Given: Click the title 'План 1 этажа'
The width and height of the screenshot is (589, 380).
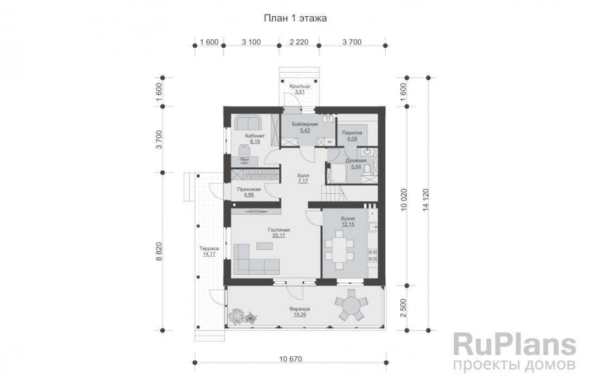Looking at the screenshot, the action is tap(295, 18).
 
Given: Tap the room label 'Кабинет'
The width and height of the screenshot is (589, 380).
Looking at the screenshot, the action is tap(255, 136).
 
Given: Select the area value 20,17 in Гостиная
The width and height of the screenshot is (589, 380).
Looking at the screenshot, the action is tap(279, 236).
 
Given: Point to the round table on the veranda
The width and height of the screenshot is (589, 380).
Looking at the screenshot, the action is tap(350, 305).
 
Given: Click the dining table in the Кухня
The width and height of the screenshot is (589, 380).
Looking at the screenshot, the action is tap(340, 250).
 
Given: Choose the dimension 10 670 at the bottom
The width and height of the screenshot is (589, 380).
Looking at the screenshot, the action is tap(290, 359).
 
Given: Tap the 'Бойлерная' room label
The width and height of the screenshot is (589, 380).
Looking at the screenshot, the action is tap(305, 124).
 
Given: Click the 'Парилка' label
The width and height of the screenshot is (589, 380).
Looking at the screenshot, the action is tap(352, 133).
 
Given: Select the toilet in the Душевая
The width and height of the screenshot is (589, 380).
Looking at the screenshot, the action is tap(367, 169).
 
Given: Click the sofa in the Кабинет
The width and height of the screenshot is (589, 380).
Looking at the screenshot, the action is tap(248, 123).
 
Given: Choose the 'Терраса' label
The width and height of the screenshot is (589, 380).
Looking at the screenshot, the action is tap(209, 248).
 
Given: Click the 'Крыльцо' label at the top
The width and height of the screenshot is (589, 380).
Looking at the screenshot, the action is tap(300, 86).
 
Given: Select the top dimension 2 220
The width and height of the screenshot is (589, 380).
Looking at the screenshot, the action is tap(299, 42).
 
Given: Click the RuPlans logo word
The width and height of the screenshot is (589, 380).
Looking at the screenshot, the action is tap(515, 345).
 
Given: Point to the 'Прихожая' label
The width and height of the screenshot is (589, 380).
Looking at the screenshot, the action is tap(249, 189).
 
